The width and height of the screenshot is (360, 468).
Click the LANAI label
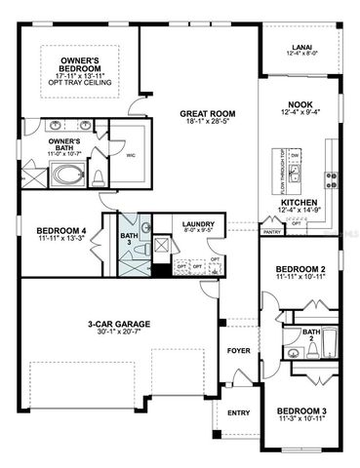301,46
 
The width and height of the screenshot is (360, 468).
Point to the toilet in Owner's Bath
100,176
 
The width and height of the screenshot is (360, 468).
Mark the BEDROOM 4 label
44,228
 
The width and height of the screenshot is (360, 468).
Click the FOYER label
236,349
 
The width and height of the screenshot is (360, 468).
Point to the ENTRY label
238,412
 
